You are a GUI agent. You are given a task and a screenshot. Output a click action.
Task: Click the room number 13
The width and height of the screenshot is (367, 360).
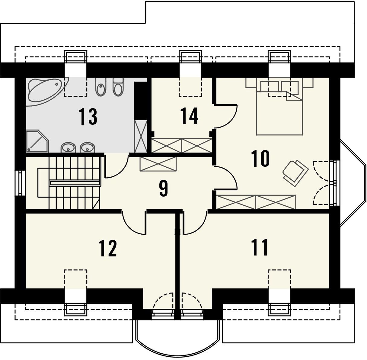click(x=88, y=117)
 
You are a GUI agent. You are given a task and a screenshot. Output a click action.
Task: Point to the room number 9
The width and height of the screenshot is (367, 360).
click(x=164, y=188)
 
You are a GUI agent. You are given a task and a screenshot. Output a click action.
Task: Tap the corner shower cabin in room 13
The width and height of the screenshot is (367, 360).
click(x=37, y=141)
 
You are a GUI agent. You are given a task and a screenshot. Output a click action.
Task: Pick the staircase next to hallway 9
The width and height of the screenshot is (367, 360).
click(x=69, y=182)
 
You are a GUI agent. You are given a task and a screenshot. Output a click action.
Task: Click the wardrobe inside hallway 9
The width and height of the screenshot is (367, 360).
click(x=158, y=164)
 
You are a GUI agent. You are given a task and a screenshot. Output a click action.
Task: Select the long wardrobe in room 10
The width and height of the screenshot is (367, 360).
click(x=256, y=202)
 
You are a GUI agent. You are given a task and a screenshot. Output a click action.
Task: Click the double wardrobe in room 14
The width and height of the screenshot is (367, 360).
click(x=181, y=146)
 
